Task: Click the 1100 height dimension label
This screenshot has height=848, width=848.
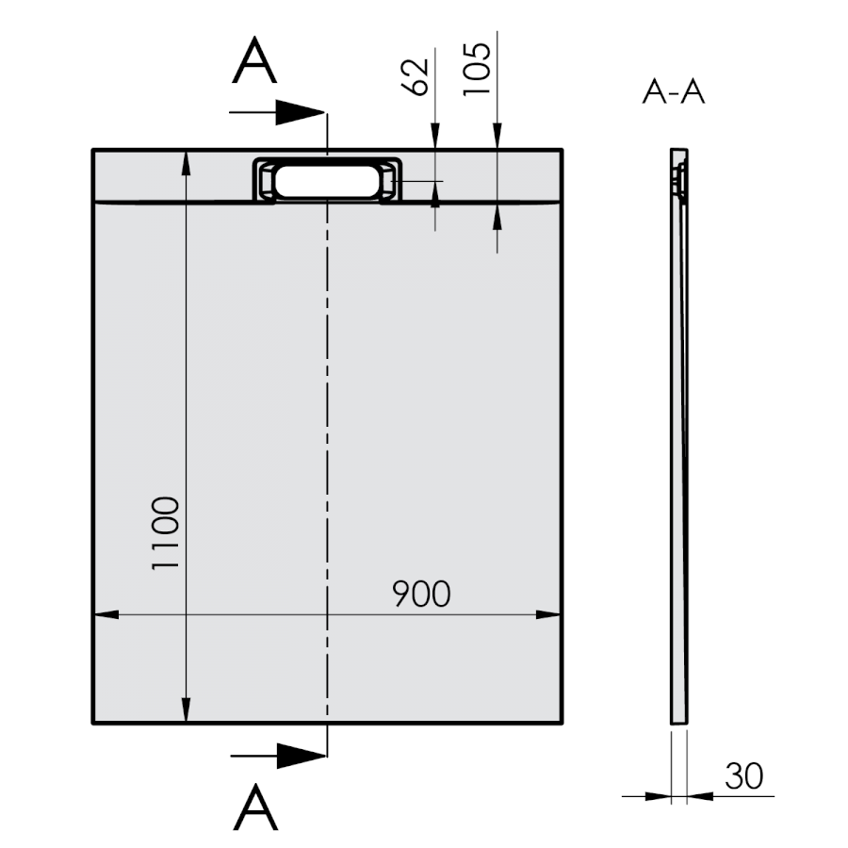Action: [165, 532]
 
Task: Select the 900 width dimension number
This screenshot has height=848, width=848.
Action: [421, 594]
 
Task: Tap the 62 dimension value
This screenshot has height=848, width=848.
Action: [415, 77]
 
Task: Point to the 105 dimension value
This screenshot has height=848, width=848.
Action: [477, 69]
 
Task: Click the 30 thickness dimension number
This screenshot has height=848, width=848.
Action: [743, 776]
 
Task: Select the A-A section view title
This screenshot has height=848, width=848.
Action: [674, 92]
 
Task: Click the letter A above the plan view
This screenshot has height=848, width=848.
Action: [254, 60]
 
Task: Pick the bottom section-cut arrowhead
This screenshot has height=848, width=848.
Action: [302, 756]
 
